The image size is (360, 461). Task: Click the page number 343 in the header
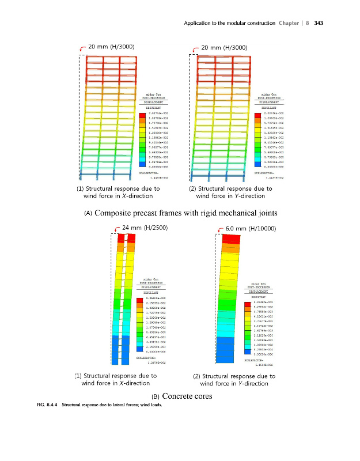(x=321, y=23)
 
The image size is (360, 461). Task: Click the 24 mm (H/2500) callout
(x=145, y=228)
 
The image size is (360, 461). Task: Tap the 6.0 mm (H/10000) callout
(x=252, y=228)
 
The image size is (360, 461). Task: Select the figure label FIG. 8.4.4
(x=43, y=404)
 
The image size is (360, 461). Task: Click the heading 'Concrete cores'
(x=187, y=396)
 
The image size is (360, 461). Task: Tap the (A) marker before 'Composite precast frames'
(x=88, y=213)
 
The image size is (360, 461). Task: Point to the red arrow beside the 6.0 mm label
(x=220, y=229)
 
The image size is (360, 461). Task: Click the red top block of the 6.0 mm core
(x=232, y=239)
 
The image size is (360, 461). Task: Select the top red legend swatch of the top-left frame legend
(x=142, y=115)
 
